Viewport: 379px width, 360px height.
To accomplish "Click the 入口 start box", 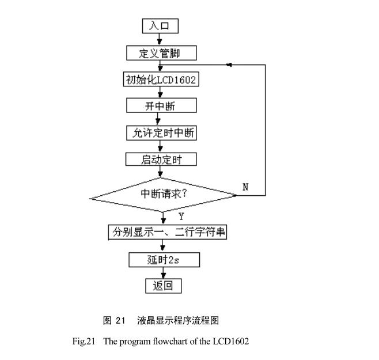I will (x=161, y=26).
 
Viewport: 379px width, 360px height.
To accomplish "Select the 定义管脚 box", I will (x=161, y=54).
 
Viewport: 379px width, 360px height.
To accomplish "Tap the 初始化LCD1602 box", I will (x=161, y=79).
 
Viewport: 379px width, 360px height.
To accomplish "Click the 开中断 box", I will (x=161, y=106).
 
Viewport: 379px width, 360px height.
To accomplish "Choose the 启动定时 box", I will (x=161, y=159).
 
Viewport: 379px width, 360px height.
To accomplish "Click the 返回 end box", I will (x=163, y=286).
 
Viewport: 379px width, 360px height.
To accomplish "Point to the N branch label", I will (x=245, y=187).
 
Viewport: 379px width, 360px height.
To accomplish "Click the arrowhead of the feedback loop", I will (x=229, y=65).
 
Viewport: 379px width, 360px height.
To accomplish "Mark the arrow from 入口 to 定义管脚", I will (x=161, y=39).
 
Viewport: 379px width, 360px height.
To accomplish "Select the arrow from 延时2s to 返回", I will (x=164, y=273).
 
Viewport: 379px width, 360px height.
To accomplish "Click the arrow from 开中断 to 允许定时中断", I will (x=161, y=119).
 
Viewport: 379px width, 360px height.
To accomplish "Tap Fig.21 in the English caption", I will (x=83, y=342).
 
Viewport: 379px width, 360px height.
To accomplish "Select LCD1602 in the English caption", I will (x=233, y=342).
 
